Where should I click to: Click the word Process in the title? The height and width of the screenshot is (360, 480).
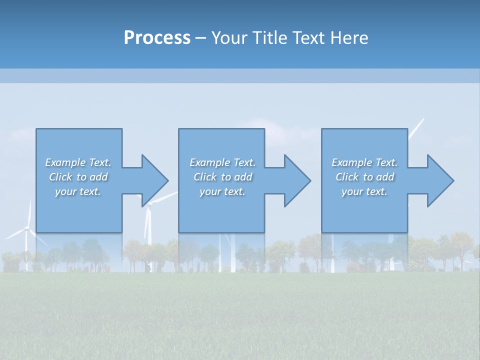[x=157, y=38]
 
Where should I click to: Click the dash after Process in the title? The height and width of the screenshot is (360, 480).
[x=200, y=38]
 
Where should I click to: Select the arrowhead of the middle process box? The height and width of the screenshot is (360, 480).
[x=296, y=180]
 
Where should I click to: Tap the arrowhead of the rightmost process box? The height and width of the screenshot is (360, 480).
[x=439, y=180]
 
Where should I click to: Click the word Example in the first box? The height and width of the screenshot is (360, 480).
[x=65, y=162]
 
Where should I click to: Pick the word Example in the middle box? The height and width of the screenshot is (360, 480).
[x=209, y=162]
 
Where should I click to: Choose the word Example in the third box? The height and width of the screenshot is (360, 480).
[x=351, y=162]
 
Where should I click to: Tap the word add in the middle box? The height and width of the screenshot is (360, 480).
[x=243, y=177]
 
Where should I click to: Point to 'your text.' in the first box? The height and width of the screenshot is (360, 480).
[x=78, y=191]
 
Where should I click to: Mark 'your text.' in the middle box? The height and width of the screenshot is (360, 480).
[x=222, y=191]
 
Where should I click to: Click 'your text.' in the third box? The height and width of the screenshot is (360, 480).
[x=364, y=191]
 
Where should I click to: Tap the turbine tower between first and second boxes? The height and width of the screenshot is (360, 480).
[x=148, y=225]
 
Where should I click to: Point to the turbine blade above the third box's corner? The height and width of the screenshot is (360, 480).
[x=416, y=128]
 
